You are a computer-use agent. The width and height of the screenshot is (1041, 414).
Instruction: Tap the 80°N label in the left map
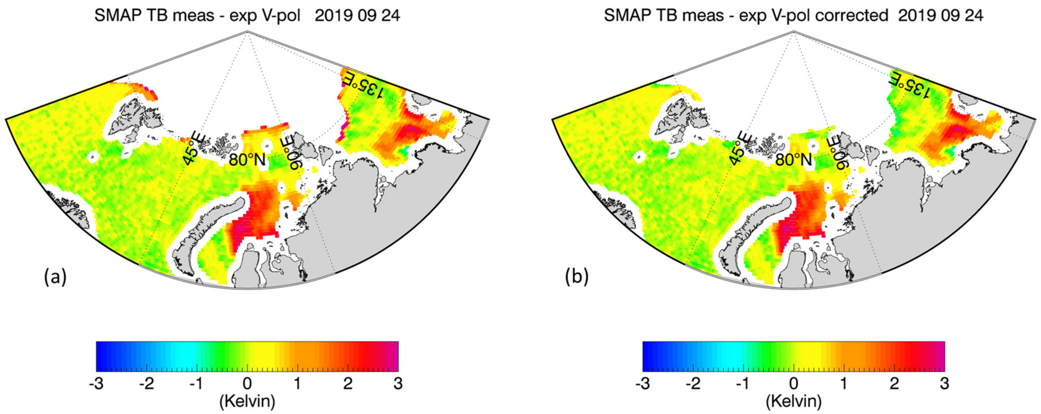pyautogui.click(x=247, y=160)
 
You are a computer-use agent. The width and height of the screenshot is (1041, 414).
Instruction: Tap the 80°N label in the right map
pyautogui.click(x=794, y=160)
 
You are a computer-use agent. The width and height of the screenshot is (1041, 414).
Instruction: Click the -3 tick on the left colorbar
pyautogui.click(x=96, y=383)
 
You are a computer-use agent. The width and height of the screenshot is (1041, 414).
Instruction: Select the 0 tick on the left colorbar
pyautogui.click(x=247, y=383)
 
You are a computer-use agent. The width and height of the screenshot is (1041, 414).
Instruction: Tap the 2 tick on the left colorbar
pyautogui.click(x=348, y=383)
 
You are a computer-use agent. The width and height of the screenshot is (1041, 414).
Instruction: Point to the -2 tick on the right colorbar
pyautogui.click(x=693, y=383)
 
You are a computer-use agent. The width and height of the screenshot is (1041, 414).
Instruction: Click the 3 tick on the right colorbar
pyautogui.click(x=944, y=383)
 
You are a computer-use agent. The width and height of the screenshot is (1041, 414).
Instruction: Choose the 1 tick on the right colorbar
pyautogui.click(x=844, y=383)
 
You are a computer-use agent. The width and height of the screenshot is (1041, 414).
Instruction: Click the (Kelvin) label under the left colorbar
pyautogui.click(x=247, y=401)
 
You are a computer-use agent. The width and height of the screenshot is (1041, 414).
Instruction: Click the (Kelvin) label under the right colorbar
pyautogui.click(x=794, y=401)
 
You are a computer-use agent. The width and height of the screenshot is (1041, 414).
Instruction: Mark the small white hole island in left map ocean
pyautogui.click(x=94, y=156)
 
